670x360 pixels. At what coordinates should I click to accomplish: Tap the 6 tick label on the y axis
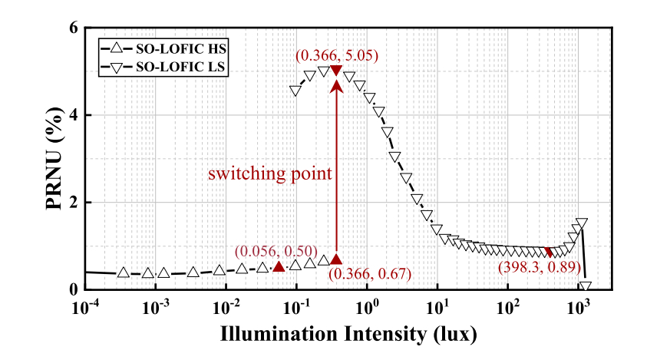pyautogui.click(x=74, y=28)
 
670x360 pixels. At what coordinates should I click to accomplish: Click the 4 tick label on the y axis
pyautogui.click(x=74, y=115)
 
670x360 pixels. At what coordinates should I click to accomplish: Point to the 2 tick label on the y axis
pyautogui.click(x=74, y=203)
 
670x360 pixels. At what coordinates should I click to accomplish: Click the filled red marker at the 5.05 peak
pyautogui.click(x=336, y=71)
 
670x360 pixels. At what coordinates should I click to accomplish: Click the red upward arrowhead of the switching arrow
pyautogui.click(x=336, y=85)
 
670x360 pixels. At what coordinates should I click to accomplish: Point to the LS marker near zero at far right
pyautogui.click(x=586, y=287)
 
